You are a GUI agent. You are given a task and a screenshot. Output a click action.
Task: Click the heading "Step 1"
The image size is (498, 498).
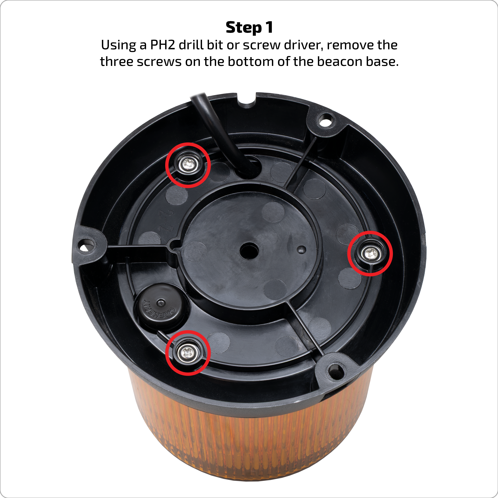tap(249, 28)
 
